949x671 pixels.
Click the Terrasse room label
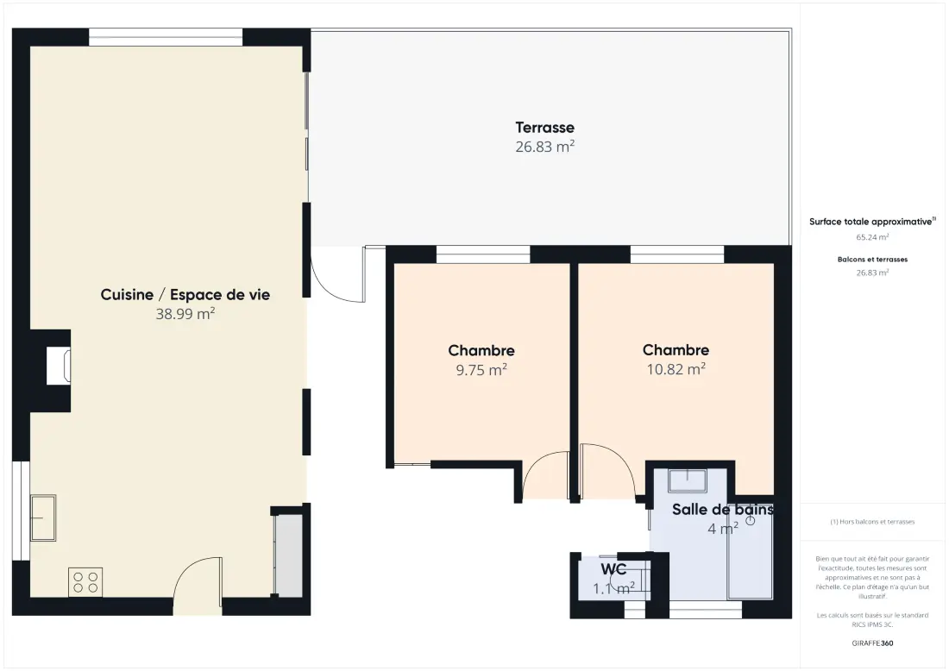(544, 128)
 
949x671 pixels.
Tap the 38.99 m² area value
(185, 314)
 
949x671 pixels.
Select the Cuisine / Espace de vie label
(185, 295)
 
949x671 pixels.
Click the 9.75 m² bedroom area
(481, 370)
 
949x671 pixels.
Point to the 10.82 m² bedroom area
(676, 369)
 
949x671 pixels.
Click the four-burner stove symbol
(85, 582)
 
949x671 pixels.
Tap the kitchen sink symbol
(43, 518)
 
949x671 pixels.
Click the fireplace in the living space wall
(60, 366)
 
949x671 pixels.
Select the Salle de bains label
(723, 510)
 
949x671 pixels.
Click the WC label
(613, 569)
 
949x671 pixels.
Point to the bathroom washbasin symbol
(687, 480)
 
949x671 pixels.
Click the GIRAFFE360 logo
(872, 643)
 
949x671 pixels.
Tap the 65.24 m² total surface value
(872, 237)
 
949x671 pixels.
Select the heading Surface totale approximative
(870, 222)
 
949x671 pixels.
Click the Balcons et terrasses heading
(872, 260)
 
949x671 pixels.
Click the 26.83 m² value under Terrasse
(544, 147)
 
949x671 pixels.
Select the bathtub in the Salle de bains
(751, 551)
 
